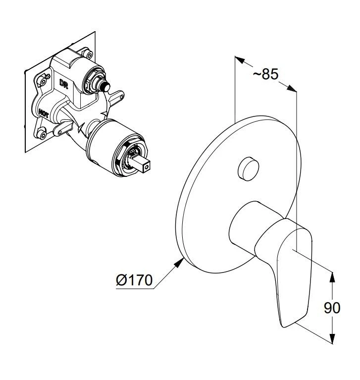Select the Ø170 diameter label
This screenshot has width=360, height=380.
click(134, 280)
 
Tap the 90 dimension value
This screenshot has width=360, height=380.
click(332, 308)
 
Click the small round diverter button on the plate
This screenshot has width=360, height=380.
click(248, 168)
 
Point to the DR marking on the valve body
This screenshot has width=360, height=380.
click(64, 83)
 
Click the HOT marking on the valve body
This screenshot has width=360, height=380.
click(43, 112)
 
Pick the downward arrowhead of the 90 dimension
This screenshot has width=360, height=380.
click(332, 338)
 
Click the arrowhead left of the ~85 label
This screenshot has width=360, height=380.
click(240, 59)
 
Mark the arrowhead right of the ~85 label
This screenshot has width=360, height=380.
click(292, 88)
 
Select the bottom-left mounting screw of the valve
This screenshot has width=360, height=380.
click(42, 134)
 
